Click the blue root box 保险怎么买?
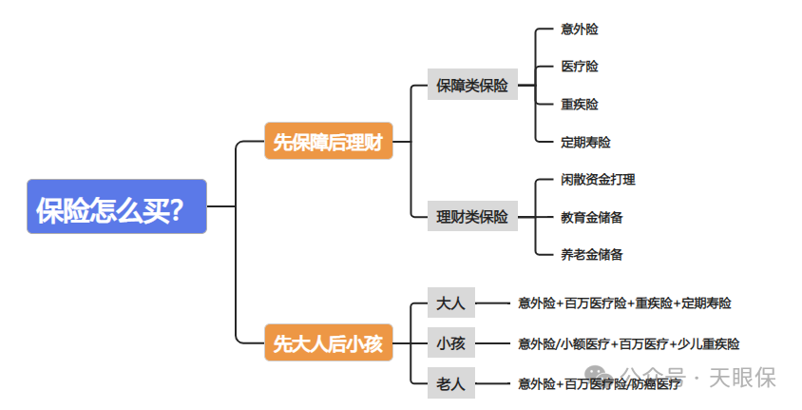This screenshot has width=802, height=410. click(x=116, y=206)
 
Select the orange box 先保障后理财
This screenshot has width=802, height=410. click(x=328, y=142)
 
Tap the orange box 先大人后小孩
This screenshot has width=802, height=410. click(x=328, y=343)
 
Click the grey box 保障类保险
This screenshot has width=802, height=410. click(x=472, y=85)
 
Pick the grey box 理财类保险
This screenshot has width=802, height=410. click(x=472, y=216)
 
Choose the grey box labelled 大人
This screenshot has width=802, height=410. click(x=450, y=303)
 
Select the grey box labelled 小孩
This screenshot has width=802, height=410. click(x=450, y=342)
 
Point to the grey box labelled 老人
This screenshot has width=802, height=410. click(x=450, y=383)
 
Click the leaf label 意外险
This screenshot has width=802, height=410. click(x=580, y=29)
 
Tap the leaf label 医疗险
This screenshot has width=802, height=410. click(x=580, y=67)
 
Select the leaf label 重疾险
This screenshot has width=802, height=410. click(x=580, y=104)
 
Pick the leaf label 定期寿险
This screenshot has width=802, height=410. click(x=585, y=142)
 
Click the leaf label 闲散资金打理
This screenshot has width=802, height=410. click(x=598, y=179)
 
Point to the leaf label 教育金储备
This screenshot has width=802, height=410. click(x=592, y=217)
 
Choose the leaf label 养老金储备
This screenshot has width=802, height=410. click(x=592, y=254)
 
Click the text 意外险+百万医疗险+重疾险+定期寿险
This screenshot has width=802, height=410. click(x=624, y=303)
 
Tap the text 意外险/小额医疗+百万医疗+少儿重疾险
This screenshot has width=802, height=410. click(x=628, y=343)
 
